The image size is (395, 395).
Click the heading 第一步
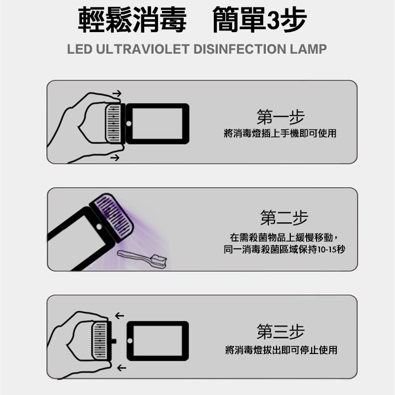280,117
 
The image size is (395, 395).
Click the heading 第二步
284,218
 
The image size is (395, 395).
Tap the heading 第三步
280,332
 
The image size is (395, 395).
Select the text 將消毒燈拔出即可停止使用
281,350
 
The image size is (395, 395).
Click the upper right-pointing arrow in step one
117,93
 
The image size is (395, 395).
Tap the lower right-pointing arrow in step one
115,158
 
